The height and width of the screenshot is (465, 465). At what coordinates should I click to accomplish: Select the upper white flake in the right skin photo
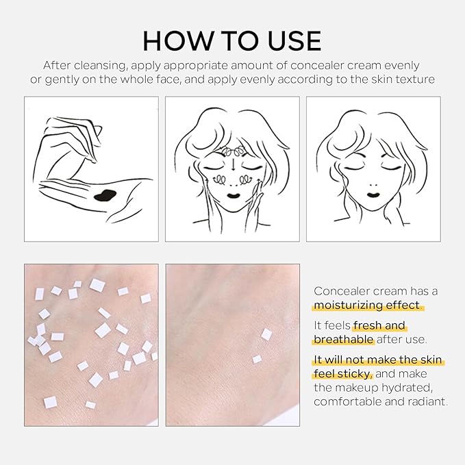[266, 334]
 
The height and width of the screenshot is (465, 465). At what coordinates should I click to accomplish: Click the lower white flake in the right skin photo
[257, 359]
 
